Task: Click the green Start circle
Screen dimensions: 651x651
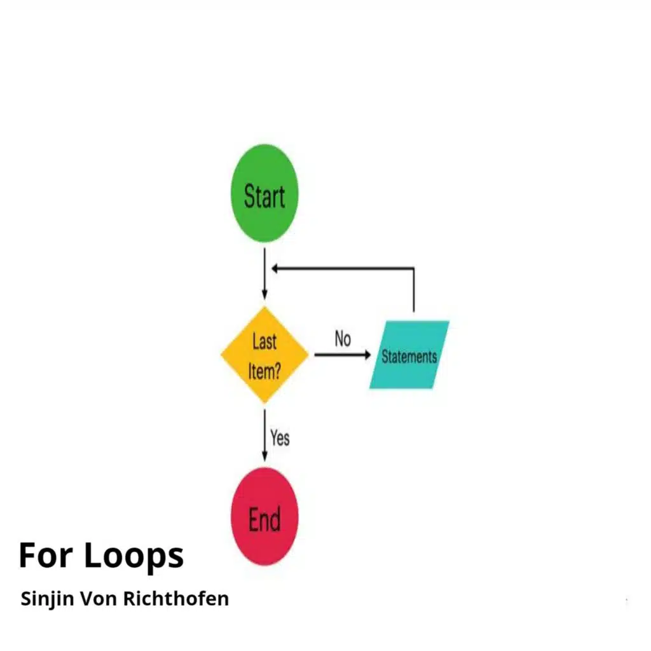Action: click(264, 194)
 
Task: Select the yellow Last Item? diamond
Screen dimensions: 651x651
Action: click(264, 355)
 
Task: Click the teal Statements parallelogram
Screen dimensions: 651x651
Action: click(409, 355)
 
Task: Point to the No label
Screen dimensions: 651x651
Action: click(343, 339)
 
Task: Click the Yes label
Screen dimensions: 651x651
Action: click(280, 437)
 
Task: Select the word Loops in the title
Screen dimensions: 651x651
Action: click(134, 556)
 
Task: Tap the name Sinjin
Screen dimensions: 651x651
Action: click(45, 599)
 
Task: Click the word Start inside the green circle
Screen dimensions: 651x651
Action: click(264, 196)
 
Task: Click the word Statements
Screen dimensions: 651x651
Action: click(409, 357)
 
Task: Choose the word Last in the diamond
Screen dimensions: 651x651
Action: click(264, 341)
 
